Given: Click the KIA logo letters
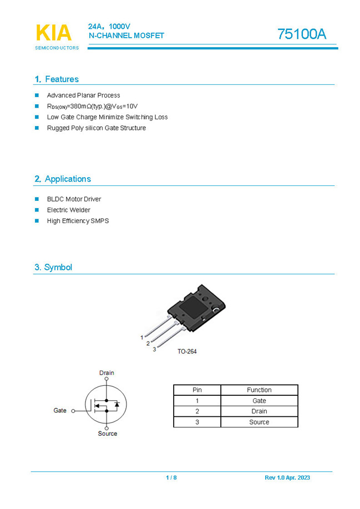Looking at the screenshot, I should coord(54,33).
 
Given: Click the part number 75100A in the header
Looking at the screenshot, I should coord(302,34).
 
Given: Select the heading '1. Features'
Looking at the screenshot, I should coord(57,79).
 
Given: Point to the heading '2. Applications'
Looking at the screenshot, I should coord(62,179).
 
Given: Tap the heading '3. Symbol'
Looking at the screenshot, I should coord(53,267).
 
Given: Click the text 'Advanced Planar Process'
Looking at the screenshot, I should coord(83,95).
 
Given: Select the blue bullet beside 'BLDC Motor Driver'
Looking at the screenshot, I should coord(37,199).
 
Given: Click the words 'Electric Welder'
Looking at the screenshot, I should coord(68,210).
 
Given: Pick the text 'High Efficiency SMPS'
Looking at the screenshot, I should coord(78,221).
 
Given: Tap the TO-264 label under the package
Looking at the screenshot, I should coord(187,351).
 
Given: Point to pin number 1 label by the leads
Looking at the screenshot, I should coord(142,337).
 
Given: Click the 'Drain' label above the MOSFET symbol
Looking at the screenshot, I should coord(107,373).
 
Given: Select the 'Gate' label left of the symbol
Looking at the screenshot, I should coord(60,411).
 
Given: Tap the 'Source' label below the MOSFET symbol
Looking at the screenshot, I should coord(107,434).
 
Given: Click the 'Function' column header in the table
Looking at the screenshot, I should coord(259,390).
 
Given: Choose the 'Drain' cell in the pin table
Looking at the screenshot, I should coord(259,411).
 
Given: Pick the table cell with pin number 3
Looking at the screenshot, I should coord(197,422).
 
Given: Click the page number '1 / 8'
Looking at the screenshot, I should coord(171,478).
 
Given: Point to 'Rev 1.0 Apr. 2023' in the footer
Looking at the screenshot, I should coord(287,478).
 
